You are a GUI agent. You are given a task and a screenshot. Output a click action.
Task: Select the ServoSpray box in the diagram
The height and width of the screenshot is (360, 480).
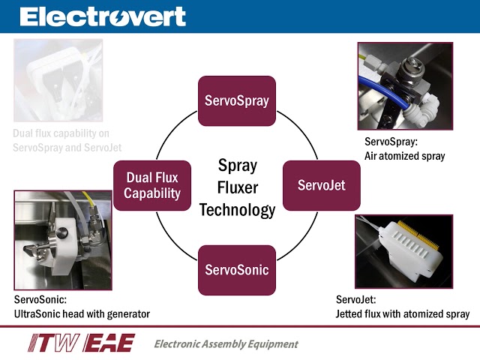237,100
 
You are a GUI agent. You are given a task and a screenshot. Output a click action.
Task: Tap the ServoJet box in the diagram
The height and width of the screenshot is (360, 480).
321,184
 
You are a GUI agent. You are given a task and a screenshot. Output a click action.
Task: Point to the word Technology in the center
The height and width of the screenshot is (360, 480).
237,210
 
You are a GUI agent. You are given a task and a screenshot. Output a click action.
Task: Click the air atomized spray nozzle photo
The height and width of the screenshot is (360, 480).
405,85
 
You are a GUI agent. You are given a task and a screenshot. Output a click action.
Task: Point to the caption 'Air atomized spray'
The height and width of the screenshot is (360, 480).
405,156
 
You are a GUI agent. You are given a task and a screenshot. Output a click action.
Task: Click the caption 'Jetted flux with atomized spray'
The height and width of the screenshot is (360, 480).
403,313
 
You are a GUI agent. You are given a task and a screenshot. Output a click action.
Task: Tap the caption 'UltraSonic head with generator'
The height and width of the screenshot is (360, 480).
82,313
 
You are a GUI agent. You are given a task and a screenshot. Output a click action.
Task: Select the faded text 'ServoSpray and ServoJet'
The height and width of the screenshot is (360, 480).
67,148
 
